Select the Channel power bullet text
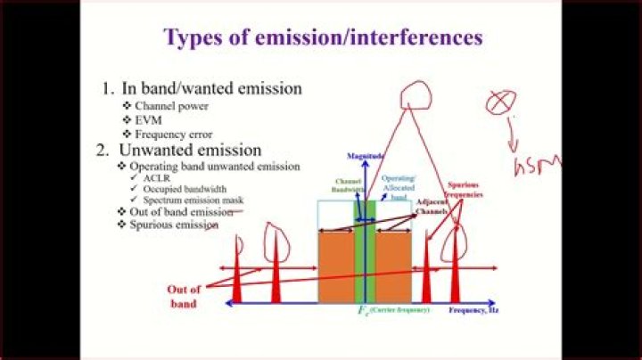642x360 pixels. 171,106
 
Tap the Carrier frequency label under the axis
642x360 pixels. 397,309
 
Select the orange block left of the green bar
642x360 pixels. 335,267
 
